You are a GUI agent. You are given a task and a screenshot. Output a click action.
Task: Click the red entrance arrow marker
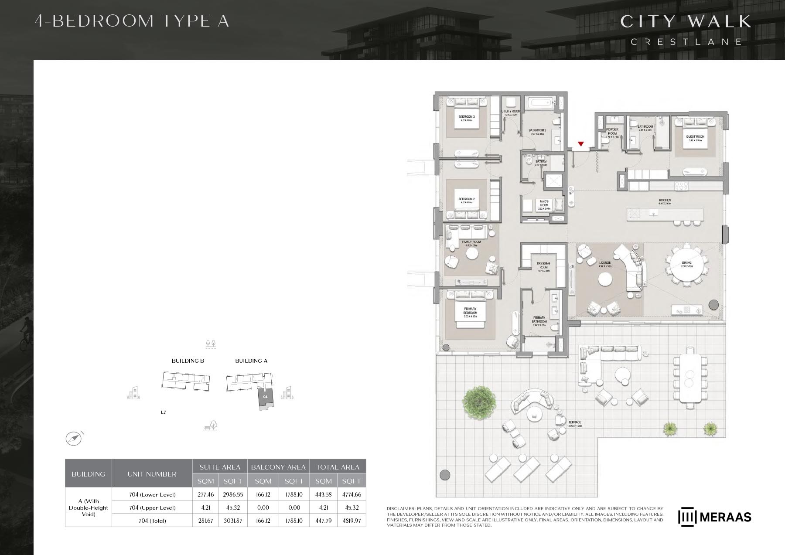[x=580, y=144]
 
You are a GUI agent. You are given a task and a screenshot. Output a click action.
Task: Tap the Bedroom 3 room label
[x=466, y=117]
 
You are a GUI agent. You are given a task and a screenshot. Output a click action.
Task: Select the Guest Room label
[x=695, y=137]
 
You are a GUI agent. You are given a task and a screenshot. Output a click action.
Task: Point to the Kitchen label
[x=665, y=201]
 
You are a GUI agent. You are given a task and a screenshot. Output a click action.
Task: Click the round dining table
[x=687, y=265]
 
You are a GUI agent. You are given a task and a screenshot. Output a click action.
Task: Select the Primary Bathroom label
[x=539, y=320]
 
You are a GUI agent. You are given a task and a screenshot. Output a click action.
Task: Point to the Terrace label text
[x=575, y=422]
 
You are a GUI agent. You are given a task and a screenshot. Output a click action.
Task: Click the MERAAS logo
[x=714, y=517]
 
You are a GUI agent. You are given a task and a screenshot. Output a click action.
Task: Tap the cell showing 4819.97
[x=352, y=521]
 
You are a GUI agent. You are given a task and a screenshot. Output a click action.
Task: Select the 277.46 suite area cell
[x=205, y=494]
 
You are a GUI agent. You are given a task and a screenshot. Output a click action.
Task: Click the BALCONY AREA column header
[x=278, y=467]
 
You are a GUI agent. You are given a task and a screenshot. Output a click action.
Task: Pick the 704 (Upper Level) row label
[x=152, y=507]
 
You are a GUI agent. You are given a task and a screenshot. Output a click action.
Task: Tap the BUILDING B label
[x=188, y=361]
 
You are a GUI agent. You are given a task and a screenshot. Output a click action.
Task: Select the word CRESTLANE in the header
[x=686, y=42]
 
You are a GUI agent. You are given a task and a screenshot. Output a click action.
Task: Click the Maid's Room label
[x=544, y=204]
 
